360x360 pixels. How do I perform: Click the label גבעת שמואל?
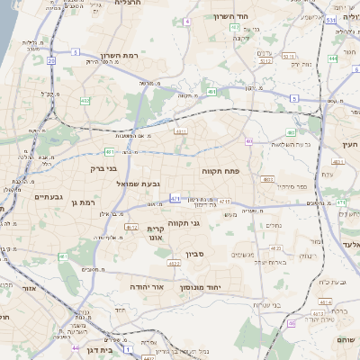139,184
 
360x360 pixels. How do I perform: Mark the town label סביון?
196,255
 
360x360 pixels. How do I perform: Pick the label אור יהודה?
146,286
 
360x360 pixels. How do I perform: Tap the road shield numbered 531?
331,19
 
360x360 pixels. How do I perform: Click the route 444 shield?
333,58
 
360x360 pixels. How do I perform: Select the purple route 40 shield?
248,141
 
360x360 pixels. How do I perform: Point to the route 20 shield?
51,61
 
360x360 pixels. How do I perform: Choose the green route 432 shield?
85,101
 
